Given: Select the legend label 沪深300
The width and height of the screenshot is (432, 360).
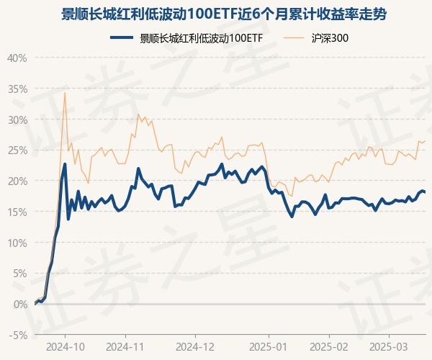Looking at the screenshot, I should [332, 38].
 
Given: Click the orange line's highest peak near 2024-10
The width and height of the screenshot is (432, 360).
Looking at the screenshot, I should [65, 92].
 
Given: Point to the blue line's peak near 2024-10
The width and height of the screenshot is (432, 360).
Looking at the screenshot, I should [65, 164].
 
